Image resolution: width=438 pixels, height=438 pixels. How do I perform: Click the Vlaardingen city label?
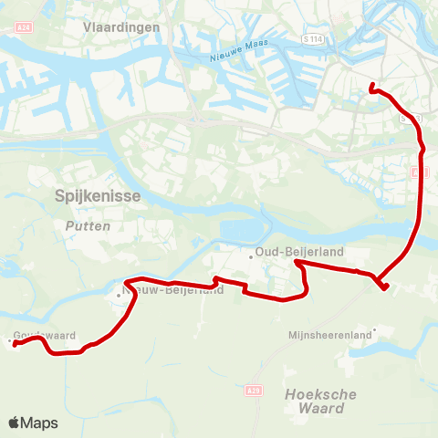(x=121, y=27)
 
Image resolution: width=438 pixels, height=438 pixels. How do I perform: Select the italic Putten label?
(x=89, y=225)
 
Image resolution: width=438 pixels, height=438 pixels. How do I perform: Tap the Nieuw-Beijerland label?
(x=173, y=291)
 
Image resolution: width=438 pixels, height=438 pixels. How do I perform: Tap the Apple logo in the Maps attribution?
(x=14, y=422)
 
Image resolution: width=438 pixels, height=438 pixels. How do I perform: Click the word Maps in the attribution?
(x=39, y=422)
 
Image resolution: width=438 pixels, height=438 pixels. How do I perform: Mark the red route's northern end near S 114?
(x=371, y=87)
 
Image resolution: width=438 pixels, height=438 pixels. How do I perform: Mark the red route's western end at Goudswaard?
(x=15, y=344)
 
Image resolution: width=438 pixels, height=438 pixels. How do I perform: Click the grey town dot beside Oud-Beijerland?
(x=251, y=255)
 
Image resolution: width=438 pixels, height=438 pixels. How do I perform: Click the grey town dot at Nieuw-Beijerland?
(x=119, y=294)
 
